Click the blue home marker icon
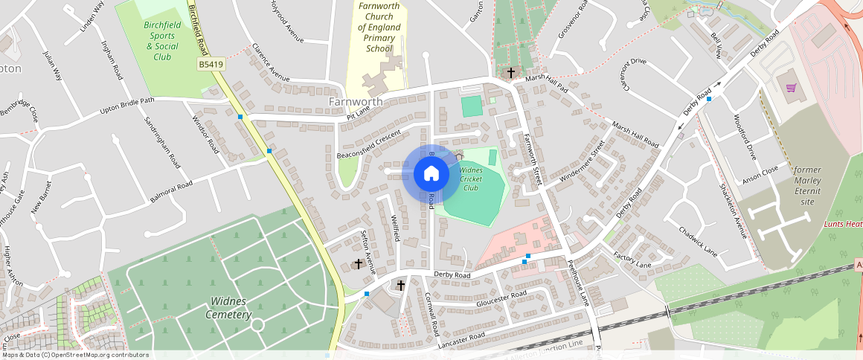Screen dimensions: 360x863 [x=431, y=174]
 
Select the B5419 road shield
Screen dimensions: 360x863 [x=211, y=65]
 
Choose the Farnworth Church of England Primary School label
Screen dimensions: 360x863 [x=379, y=28]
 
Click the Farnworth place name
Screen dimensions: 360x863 [x=356, y=101]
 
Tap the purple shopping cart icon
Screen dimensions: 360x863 [x=790, y=88]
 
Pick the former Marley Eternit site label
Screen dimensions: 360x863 [x=807, y=185]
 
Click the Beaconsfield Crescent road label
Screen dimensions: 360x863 [x=369, y=140]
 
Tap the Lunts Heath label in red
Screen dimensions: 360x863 [x=843, y=224]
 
